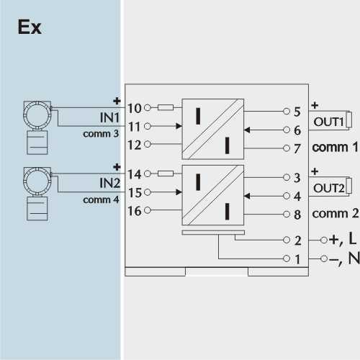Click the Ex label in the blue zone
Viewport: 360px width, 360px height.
tap(30, 27)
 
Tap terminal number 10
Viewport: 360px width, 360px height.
tap(134, 108)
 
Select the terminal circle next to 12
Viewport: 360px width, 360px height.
tap(148, 144)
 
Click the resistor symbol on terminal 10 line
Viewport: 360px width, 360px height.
tap(166, 107)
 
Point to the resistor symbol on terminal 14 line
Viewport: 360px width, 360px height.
tap(166, 174)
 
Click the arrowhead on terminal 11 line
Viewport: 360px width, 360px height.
tap(179, 126)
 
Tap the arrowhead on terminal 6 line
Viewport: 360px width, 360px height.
tap(247, 130)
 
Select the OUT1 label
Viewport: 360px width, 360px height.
tap(329, 122)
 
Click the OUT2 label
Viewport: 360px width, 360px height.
tap(329, 188)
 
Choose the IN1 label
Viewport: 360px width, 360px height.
tap(109, 117)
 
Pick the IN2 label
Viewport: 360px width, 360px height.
tap(109, 183)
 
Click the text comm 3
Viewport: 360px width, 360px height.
tap(101, 134)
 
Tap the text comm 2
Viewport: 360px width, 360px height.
tap(336, 213)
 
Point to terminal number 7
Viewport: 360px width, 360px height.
tap(297, 148)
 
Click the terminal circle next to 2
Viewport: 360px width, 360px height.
tap(287, 240)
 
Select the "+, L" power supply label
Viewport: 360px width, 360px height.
tap(343, 239)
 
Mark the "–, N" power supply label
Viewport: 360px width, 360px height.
tap(344, 258)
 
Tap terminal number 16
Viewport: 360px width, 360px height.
tap(135, 211)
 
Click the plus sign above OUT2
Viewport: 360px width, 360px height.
tap(315, 171)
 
